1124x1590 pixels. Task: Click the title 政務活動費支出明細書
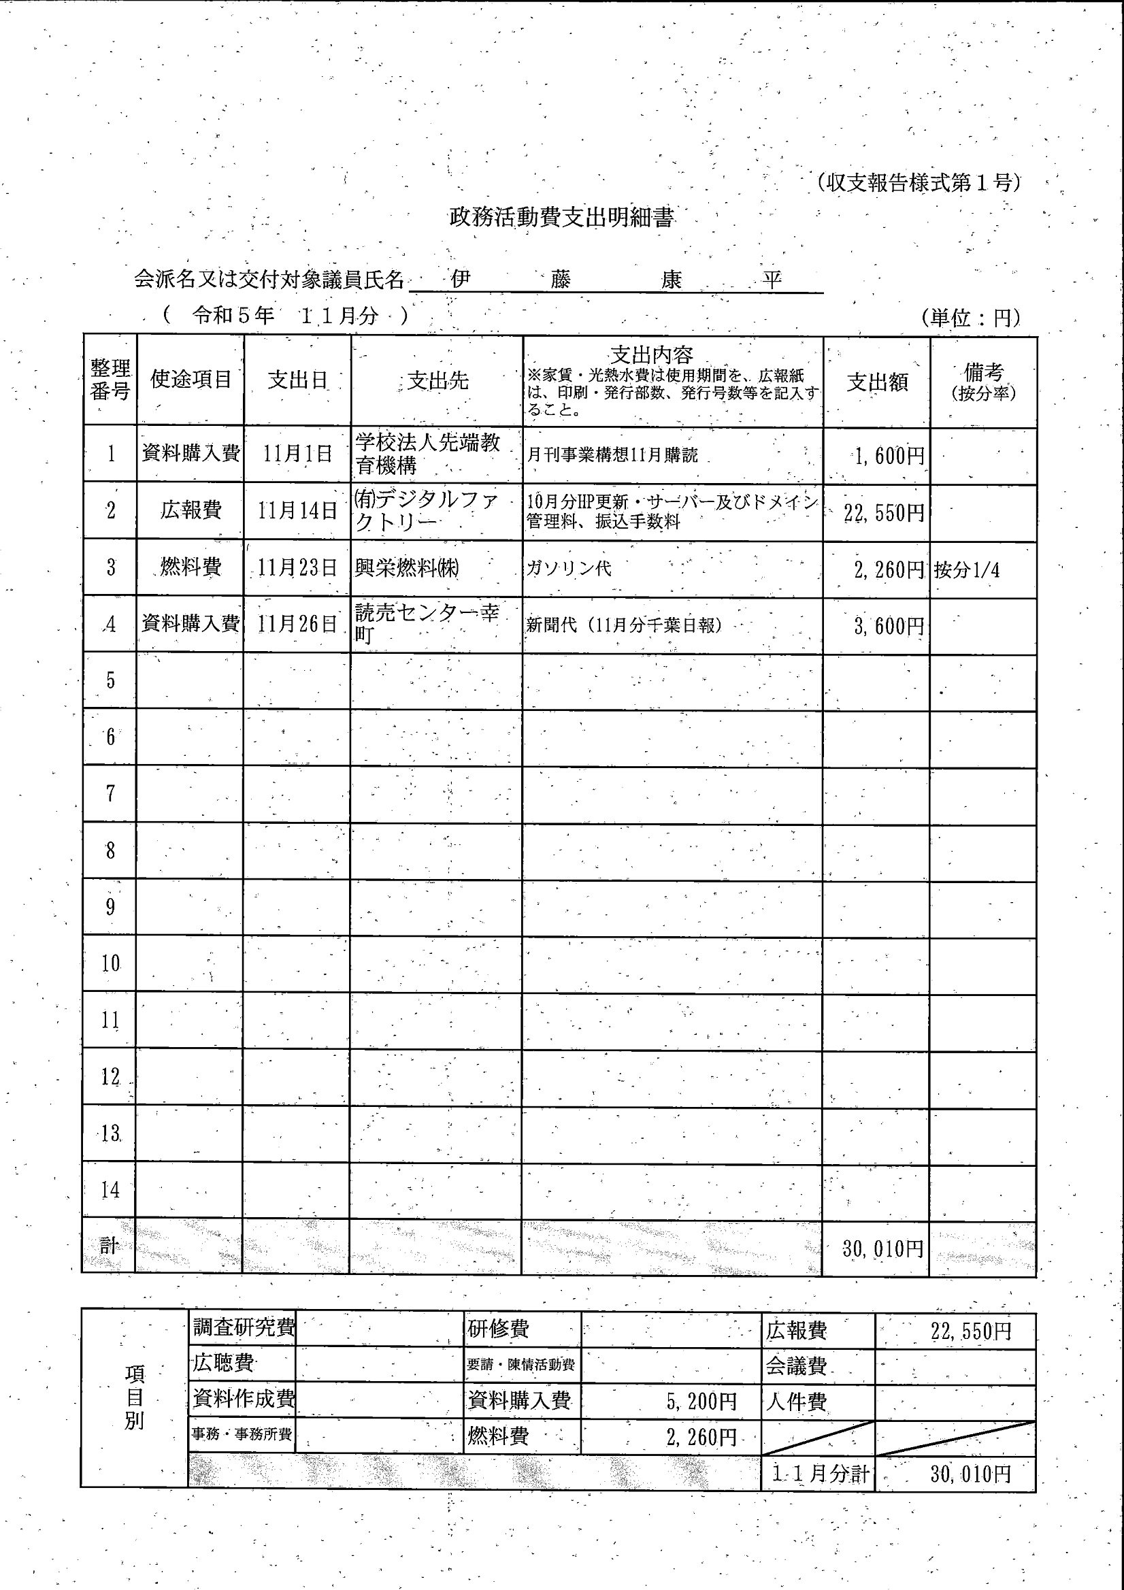(561, 218)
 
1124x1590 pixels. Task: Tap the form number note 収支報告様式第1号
(918, 183)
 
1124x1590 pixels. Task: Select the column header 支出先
(437, 380)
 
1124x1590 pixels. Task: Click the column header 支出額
(877, 382)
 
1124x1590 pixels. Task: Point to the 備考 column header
(983, 382)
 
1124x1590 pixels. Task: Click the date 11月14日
(297, 511)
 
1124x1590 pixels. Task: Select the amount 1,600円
(889, 456)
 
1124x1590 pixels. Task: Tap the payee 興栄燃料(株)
(408, 568)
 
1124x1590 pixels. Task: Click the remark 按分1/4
(967, 570)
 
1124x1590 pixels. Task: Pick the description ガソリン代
(569, 569)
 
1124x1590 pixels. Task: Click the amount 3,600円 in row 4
(889, 626)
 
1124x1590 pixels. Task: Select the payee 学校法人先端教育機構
(427, 454)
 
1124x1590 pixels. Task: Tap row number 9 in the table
(110, 907)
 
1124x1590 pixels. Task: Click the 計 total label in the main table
(110, 1246)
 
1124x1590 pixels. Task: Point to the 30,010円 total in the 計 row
(883, 1248)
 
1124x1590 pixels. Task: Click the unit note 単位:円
(971, 318)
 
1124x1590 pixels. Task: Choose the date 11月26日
(297, 624)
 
